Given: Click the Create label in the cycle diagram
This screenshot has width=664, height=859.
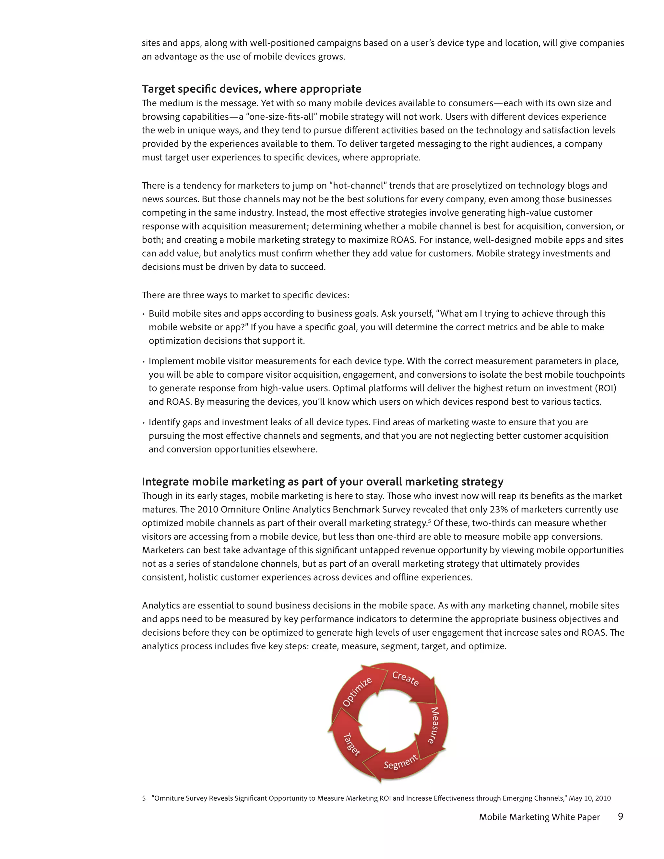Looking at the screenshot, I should point(406,678).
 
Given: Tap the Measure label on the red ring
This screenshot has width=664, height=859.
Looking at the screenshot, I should point(433,725).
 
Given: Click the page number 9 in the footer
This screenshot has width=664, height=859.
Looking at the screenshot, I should point(620,816).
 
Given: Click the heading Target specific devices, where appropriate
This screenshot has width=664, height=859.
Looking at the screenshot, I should point(251,89).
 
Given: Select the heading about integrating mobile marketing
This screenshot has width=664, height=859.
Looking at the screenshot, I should point(323,481).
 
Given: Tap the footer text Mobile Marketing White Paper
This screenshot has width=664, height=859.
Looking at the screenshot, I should point(539,817).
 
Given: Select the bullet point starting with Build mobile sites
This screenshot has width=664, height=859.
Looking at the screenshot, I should point(377,313).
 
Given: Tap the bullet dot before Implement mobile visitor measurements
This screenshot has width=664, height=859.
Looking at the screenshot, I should point(144,362).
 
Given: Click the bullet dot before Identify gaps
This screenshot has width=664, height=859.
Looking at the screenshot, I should point(144,423).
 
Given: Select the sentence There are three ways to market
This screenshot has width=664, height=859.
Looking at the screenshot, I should point(245,295).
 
